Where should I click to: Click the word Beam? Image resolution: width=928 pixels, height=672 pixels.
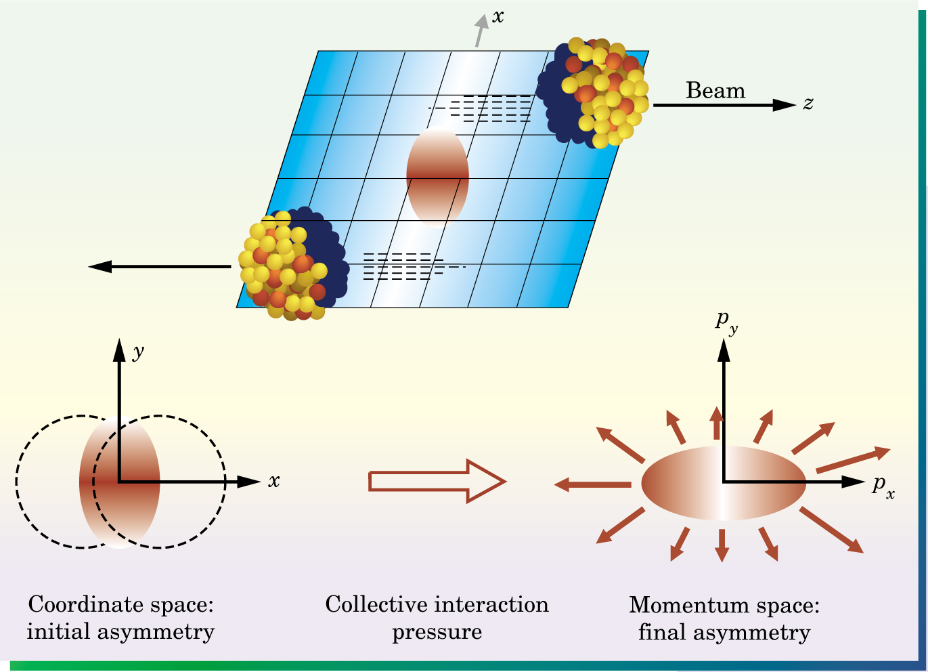(x=715, y=90)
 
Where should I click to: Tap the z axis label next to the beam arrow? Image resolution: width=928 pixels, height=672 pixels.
(x=808, y=104)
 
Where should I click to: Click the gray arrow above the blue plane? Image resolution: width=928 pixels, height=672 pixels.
(x=481, y=30)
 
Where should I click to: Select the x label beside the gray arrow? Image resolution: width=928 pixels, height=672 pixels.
(x=498, y=16)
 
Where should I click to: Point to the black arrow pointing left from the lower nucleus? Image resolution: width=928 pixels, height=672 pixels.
(x=160, y=266)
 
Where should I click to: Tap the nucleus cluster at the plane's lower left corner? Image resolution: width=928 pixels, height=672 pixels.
(x=294, y=264)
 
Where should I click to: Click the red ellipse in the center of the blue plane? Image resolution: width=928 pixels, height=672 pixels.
(x=437, y=177)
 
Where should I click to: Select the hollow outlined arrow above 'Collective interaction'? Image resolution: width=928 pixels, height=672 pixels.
(x=437, y=481)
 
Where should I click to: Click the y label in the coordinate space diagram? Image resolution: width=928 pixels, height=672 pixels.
(x=138, y=352)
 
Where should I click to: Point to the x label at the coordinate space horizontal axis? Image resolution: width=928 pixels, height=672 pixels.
(x=274, y=481)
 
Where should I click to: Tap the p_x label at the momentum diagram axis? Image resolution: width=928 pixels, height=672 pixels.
(x=883, y=488)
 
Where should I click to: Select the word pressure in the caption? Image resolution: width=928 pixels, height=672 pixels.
(x=437, y=633)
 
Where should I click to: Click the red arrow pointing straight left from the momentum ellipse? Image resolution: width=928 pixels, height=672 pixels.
(x=593, y=484)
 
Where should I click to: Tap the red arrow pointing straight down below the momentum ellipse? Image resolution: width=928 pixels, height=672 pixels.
(x=722, y=545)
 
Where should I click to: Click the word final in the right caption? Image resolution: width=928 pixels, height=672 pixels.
(x=661, y=632)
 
